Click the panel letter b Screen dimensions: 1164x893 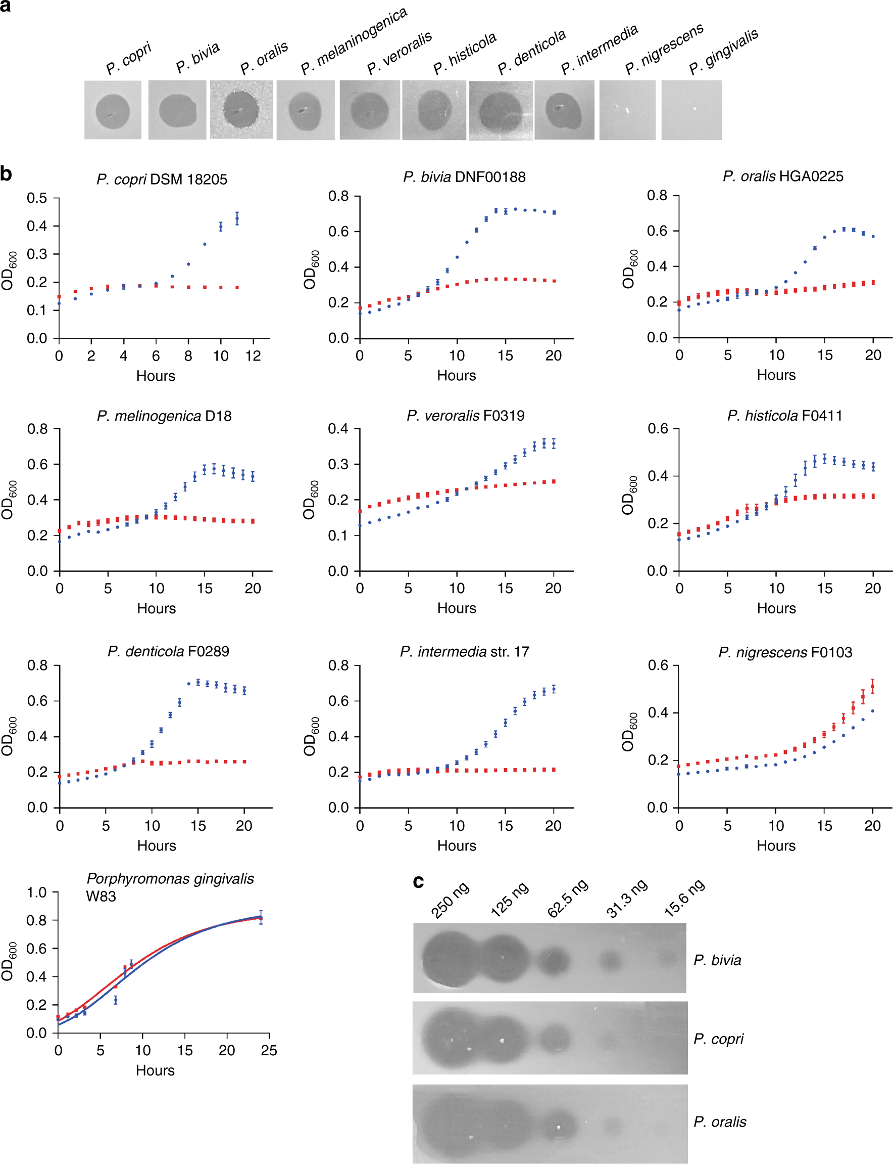pos(7,173)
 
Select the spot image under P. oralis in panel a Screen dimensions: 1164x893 pos(241,110)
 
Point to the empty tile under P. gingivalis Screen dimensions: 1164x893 pos(691,110)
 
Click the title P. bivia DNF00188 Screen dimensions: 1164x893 pos(464,176)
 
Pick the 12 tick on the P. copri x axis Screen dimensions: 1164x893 pos(253,356)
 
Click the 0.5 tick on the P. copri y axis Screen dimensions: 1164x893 pos(37,198)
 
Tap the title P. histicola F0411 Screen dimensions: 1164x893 pos(784,416)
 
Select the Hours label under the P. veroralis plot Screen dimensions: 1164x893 pos(457,608)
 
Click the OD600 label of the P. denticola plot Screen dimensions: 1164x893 pos(10,736)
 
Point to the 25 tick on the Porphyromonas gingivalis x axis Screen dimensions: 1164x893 pos(269,1050)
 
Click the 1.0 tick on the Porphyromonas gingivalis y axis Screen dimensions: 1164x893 pos(37,892)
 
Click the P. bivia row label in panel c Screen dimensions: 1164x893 pos(717,960)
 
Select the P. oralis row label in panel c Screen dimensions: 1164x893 pos(720,1122)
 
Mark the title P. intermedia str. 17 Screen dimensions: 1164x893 pos(465,652)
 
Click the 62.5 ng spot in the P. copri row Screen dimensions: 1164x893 pos(556,1039)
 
